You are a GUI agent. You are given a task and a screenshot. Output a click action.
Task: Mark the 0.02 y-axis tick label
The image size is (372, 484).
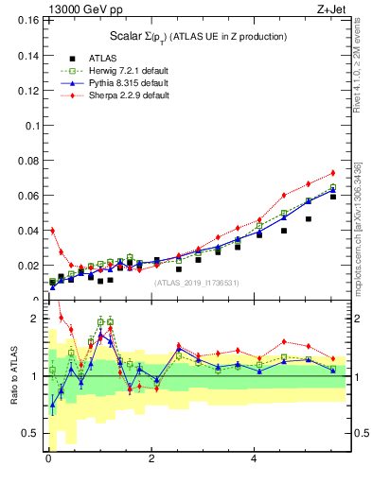tap(27, 266)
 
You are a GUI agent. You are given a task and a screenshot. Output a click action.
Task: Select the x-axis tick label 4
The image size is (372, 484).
tap(254, 460)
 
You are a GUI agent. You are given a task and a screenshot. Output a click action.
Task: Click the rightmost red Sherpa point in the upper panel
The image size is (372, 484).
tap(333, 172)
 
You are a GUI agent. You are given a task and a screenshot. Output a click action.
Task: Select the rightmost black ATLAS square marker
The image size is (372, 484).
tap(333, 196)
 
